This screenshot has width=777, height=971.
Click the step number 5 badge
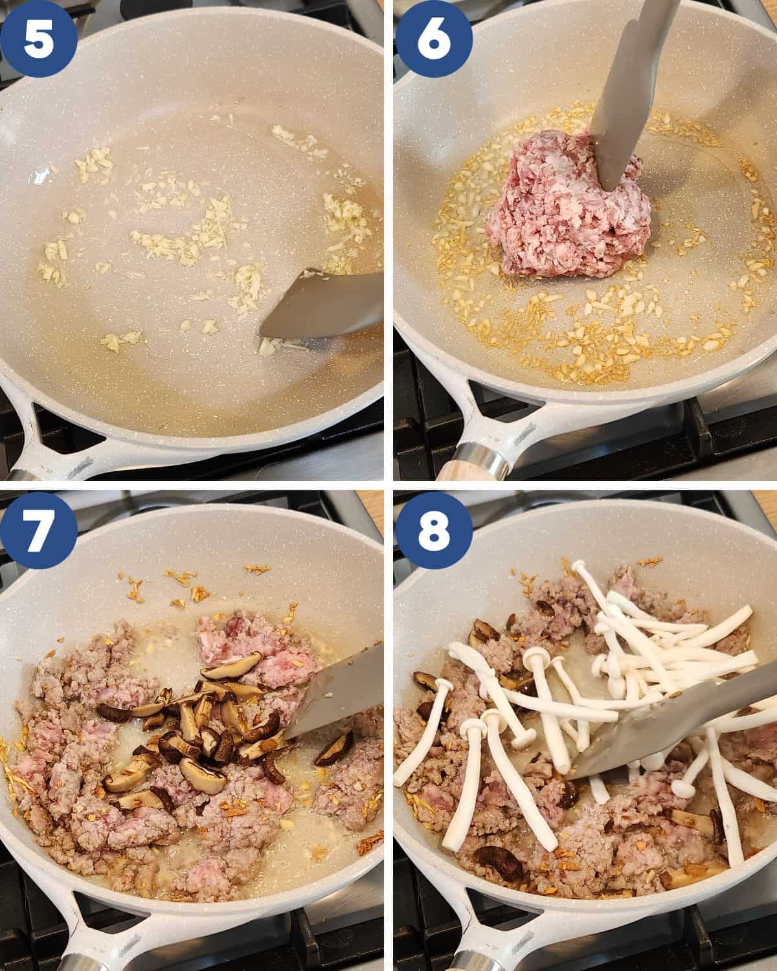[39, 38]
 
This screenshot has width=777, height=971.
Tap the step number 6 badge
[433, 38]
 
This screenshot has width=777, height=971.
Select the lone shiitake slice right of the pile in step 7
[334, 749]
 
